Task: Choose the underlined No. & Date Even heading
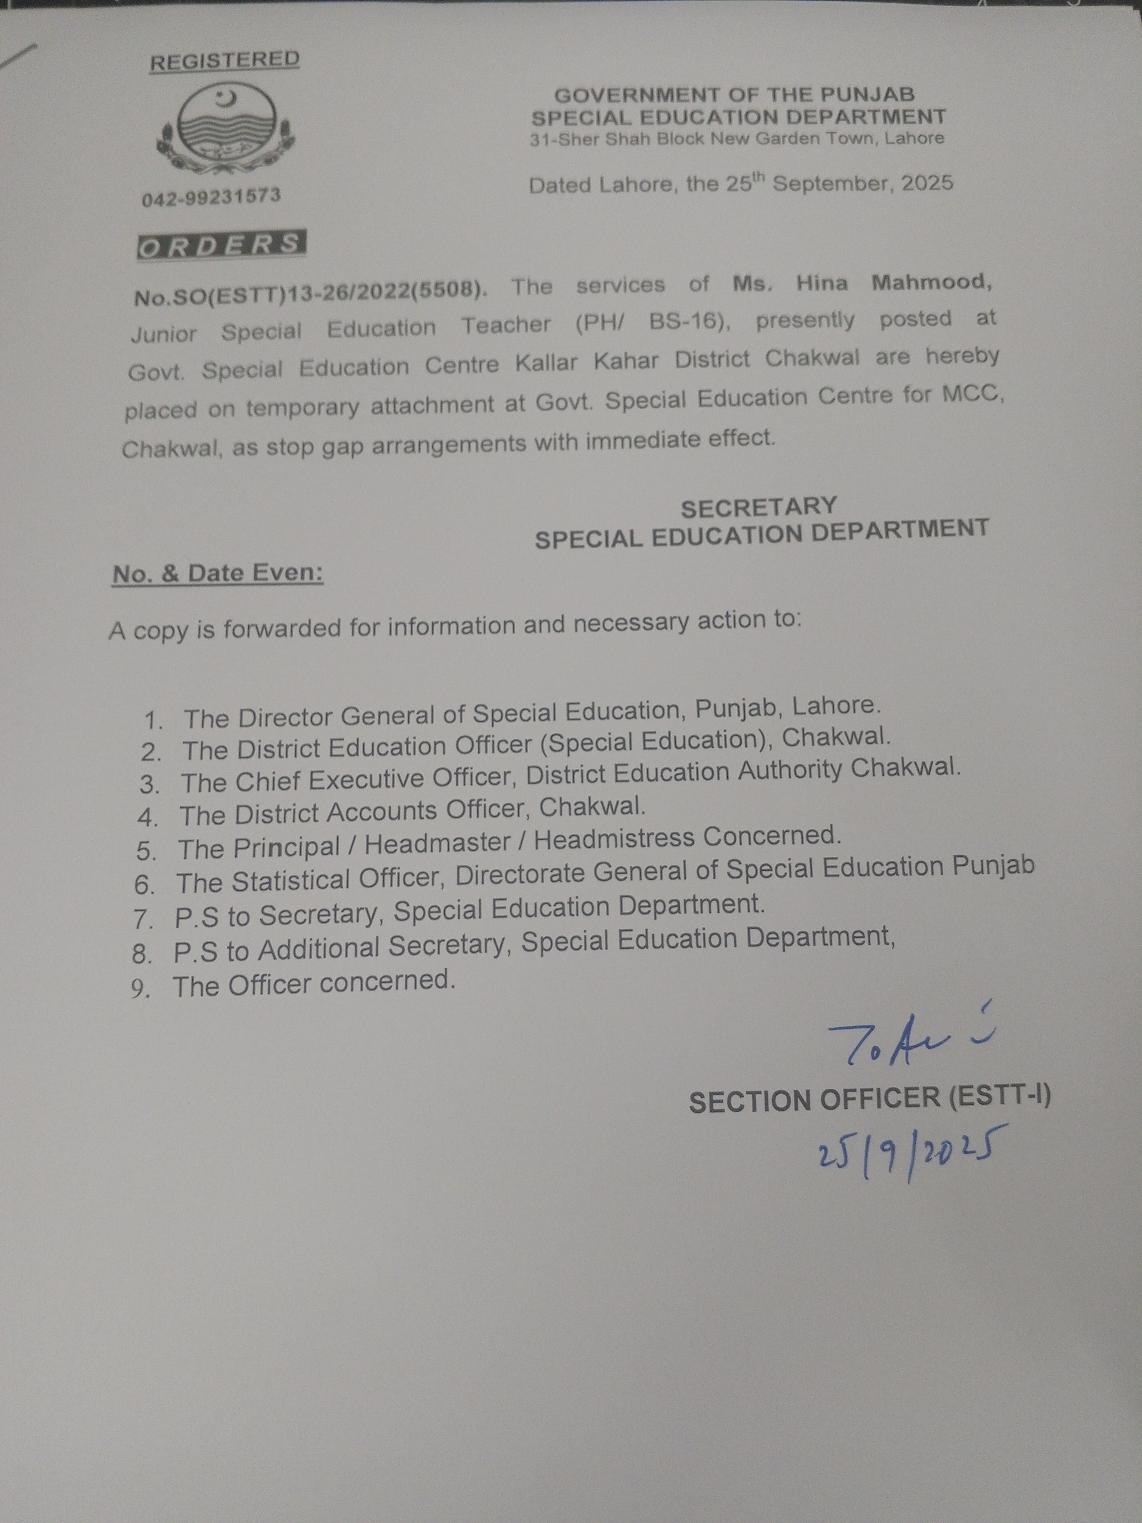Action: click(x=218, y=573)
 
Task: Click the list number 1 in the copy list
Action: click(x=153, y=721)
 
